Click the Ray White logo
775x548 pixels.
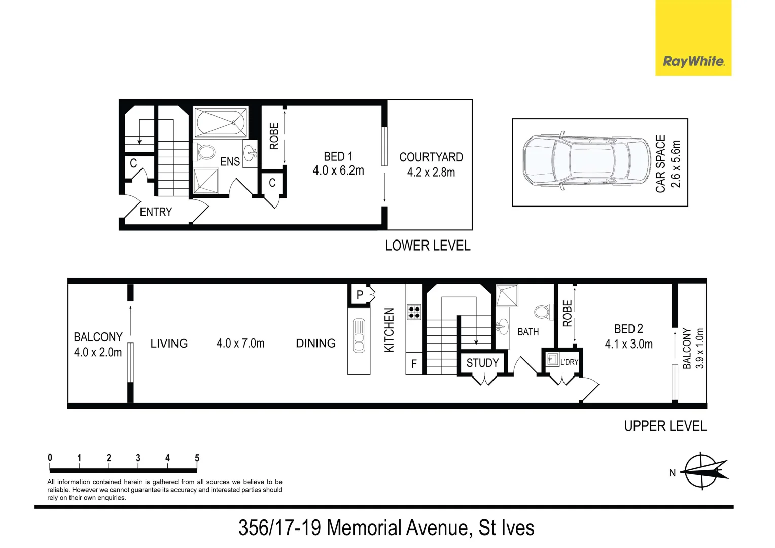(x=693, y=62)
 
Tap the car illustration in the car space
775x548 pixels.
(x=586, y=162)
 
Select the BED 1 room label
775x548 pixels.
(x=338, y=156)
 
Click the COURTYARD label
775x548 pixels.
(x=431, y=157)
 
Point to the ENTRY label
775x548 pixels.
(x=156, y=212)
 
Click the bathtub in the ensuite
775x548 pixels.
(x=221, y=122)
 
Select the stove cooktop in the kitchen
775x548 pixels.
(x=414, y=312)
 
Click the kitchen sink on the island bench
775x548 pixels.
(x=359, y=336)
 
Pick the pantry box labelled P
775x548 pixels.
(x=360, y=295)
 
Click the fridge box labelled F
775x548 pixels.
(x=414, y=364)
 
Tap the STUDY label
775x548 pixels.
(x=482, y=363)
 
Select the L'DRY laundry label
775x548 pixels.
(x=569, y=362)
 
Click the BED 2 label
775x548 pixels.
(x=628, y=329)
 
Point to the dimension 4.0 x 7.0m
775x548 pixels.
(x=240, y=344)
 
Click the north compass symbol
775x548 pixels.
(x=702, y=471)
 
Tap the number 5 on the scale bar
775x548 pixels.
(x=197, y=458)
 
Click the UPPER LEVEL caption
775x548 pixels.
(x=665, y=426)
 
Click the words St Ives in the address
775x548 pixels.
(x=506, y=528)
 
